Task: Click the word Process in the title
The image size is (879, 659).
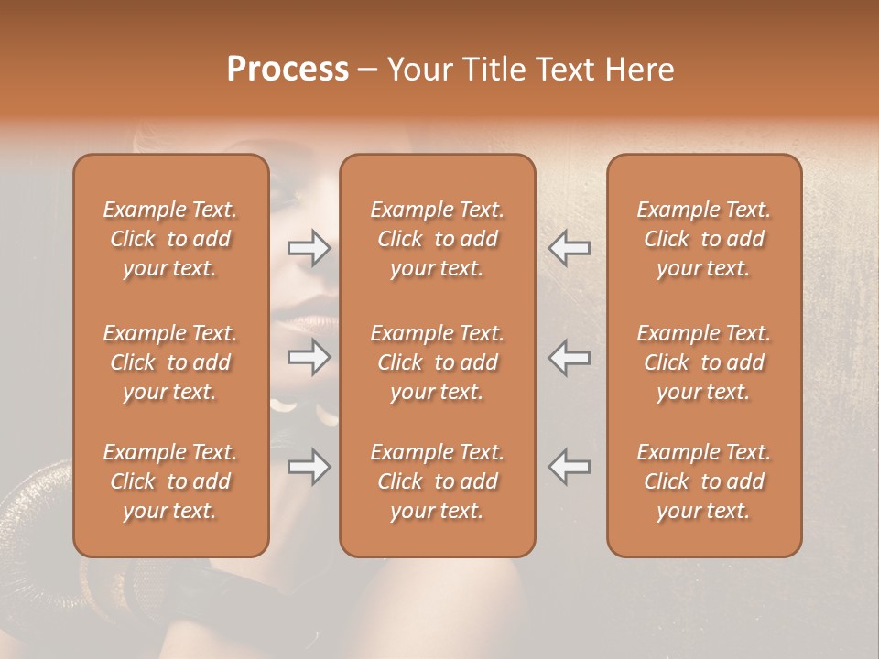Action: point(288,70)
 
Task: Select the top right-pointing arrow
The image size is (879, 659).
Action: point(309,247)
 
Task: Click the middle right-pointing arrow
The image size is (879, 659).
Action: point(309,357)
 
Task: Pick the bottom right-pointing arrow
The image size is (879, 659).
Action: point(309,467)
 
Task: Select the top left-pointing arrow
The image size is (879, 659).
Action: point(569,247)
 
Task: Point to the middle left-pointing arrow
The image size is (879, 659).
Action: point(569,357)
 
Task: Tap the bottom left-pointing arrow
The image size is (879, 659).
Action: point(569,467)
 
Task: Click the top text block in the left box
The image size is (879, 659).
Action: point(170,239)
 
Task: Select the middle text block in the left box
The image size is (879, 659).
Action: point(170,362)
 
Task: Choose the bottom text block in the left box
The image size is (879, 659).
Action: point(170,481)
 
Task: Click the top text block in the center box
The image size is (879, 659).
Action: point(438,239)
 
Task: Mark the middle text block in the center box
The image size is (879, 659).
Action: point(438,362)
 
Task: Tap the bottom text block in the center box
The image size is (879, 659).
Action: point(438,481)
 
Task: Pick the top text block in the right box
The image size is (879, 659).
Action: point(704,239)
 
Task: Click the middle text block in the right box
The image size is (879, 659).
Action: point(704,362)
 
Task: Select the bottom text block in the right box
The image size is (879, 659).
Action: point(704,481)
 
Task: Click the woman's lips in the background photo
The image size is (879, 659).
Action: point(298,320)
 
